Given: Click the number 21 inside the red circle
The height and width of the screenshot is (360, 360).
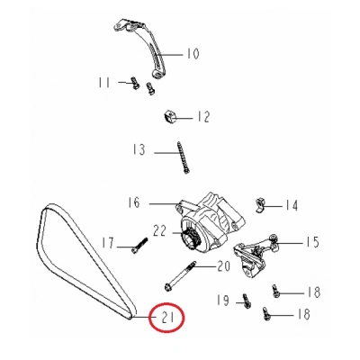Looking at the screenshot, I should click(168, 318).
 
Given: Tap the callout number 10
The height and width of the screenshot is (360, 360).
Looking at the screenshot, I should click(192, 53).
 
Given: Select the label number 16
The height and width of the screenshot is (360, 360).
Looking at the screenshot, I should click(134, 204).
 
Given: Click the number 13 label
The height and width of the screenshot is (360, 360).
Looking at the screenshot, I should click(138, 150).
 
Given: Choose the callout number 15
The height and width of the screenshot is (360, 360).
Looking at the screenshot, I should click(312, 241).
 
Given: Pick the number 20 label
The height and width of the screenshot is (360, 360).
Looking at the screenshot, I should click(224, 265).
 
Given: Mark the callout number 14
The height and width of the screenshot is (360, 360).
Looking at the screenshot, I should click(292, 205).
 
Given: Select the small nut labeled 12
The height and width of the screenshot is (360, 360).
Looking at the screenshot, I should click(168, 115).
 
